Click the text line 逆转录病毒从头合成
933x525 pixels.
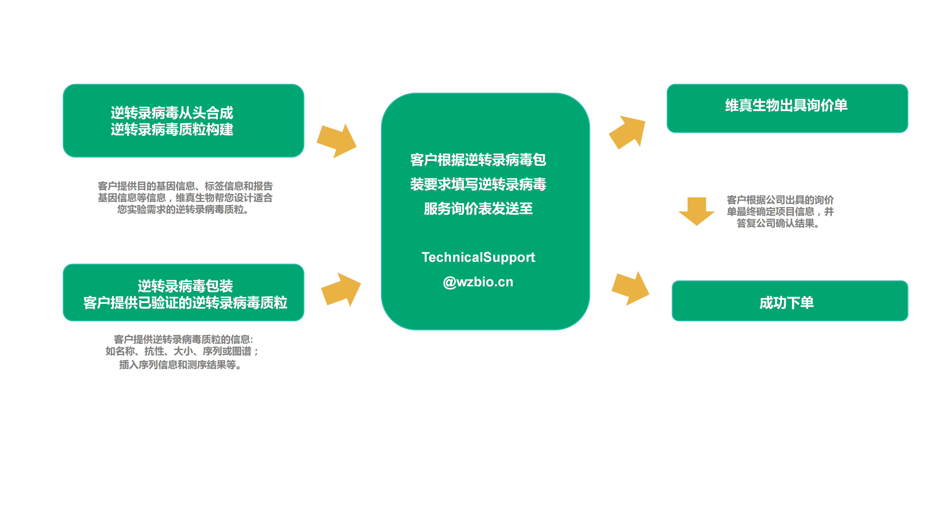click(172, 113)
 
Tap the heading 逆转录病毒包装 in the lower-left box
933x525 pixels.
click(185, 286)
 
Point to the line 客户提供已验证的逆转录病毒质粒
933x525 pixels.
click(185, 303)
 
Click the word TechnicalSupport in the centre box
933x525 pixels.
click(478, 257)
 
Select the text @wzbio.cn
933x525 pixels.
click(478, 282)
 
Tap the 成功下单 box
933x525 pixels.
click(790, 301)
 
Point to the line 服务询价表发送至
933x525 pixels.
click(478, 209)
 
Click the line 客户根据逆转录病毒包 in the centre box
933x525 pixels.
click(478, 160)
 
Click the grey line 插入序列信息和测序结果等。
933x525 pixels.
click(180, 365)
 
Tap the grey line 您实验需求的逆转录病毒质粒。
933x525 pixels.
click(183, 210)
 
